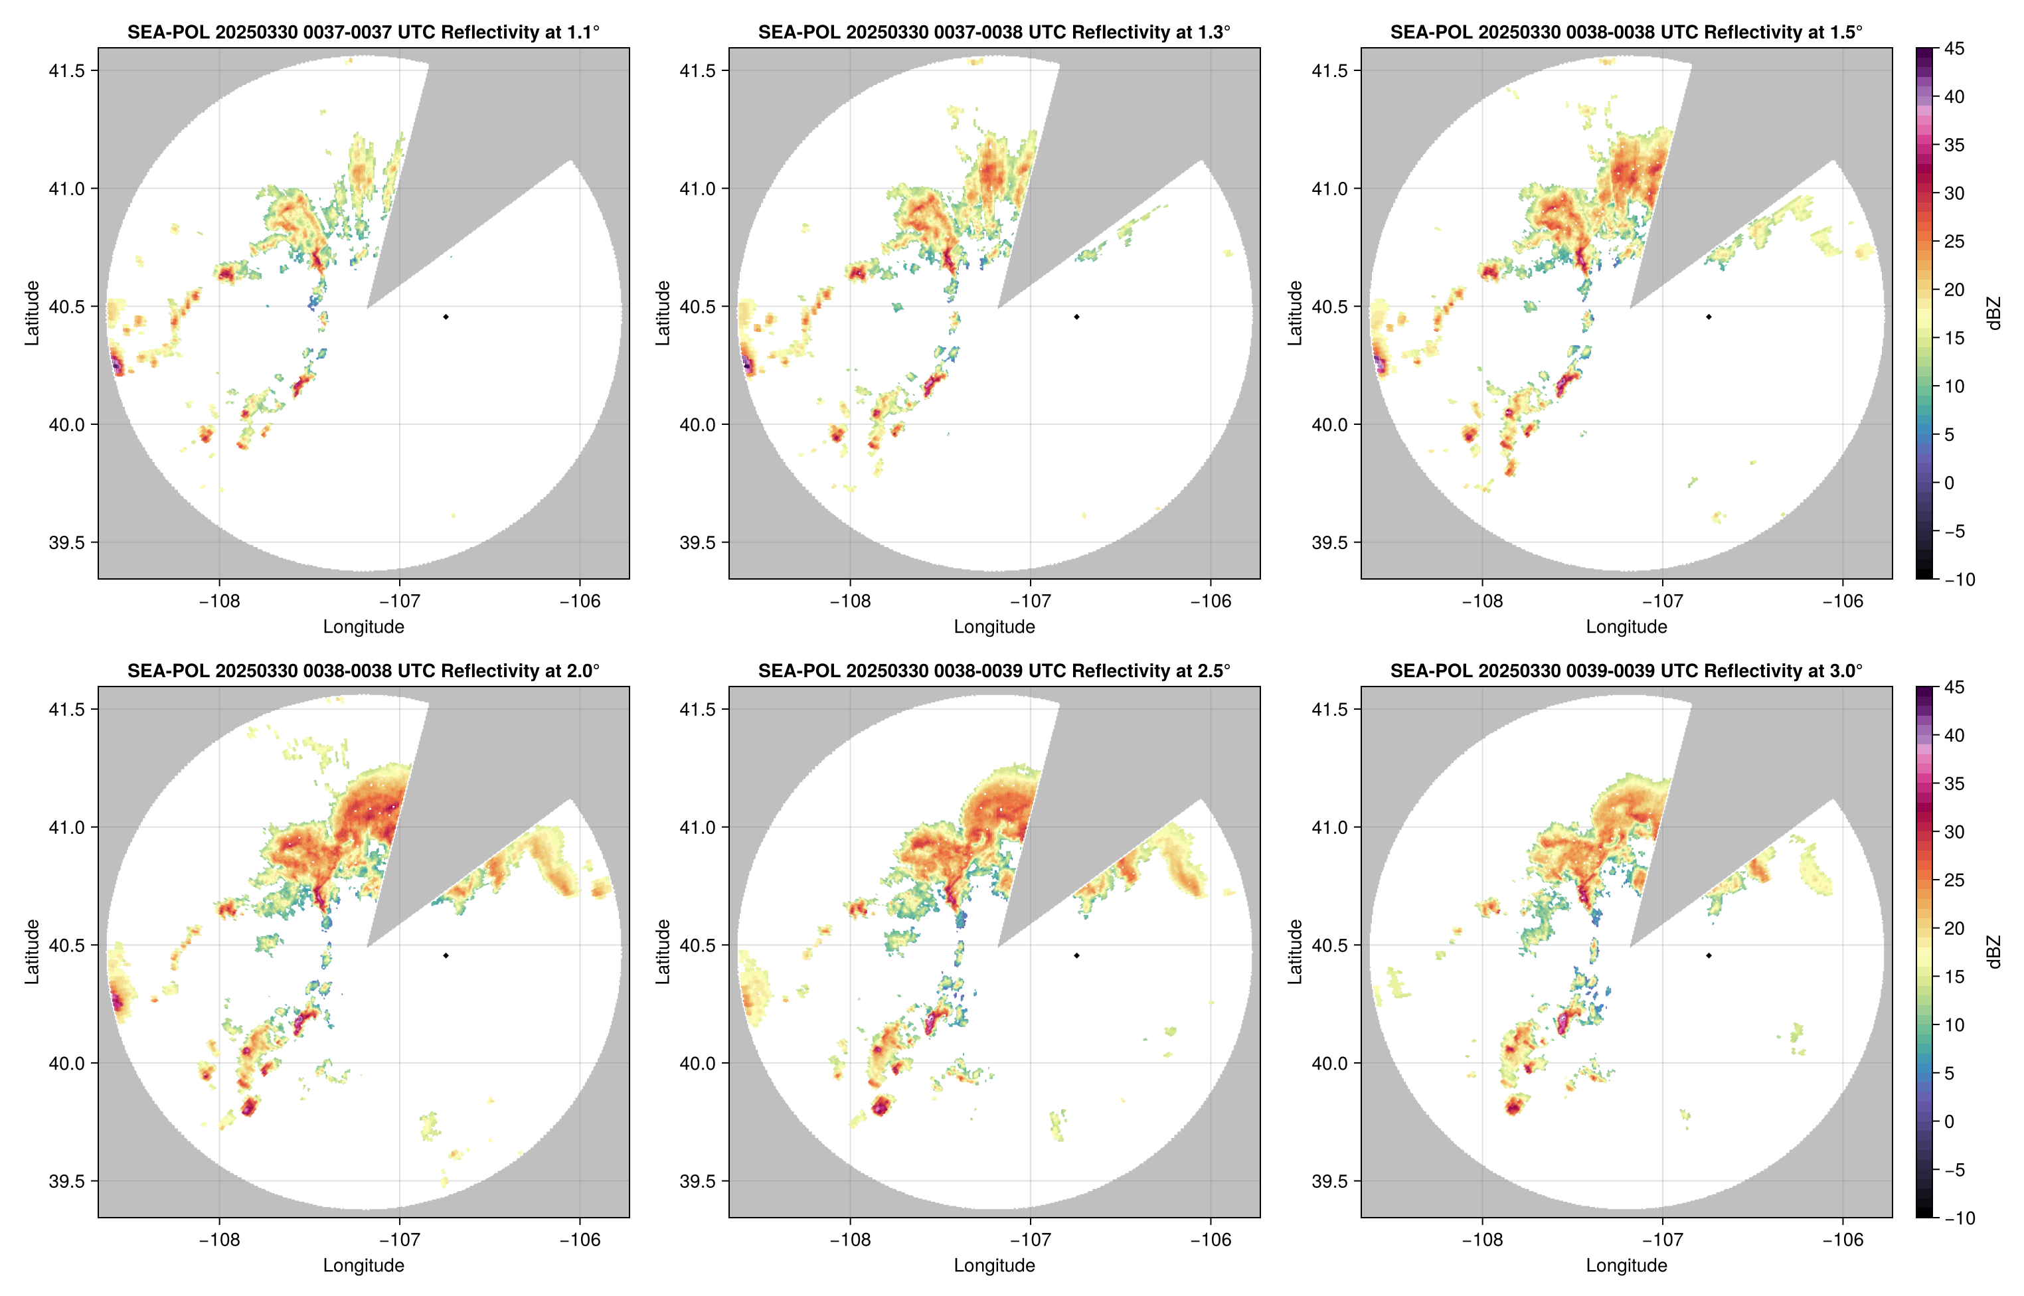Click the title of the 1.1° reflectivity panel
(363, 32)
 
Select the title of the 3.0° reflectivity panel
(1626, 671)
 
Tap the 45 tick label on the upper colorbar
(1954, 49)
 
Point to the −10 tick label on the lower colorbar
(1959, 1218)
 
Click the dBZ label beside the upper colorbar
(1993, 313)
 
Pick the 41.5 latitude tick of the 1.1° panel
(67, 70)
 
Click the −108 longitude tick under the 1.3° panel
(850, 601)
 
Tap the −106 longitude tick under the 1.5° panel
(1842, 601)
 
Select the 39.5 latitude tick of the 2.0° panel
(67, 1180)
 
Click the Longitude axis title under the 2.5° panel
(994, 1265)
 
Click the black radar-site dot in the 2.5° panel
(1076, 955)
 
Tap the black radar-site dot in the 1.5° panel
(1709, 317)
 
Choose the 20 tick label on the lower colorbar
(1954, 928)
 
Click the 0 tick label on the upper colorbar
(1949, 483)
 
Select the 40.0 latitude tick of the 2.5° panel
(699, 1063)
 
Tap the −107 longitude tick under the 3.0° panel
(1662, 1240)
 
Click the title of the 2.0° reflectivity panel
(363, 671)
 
